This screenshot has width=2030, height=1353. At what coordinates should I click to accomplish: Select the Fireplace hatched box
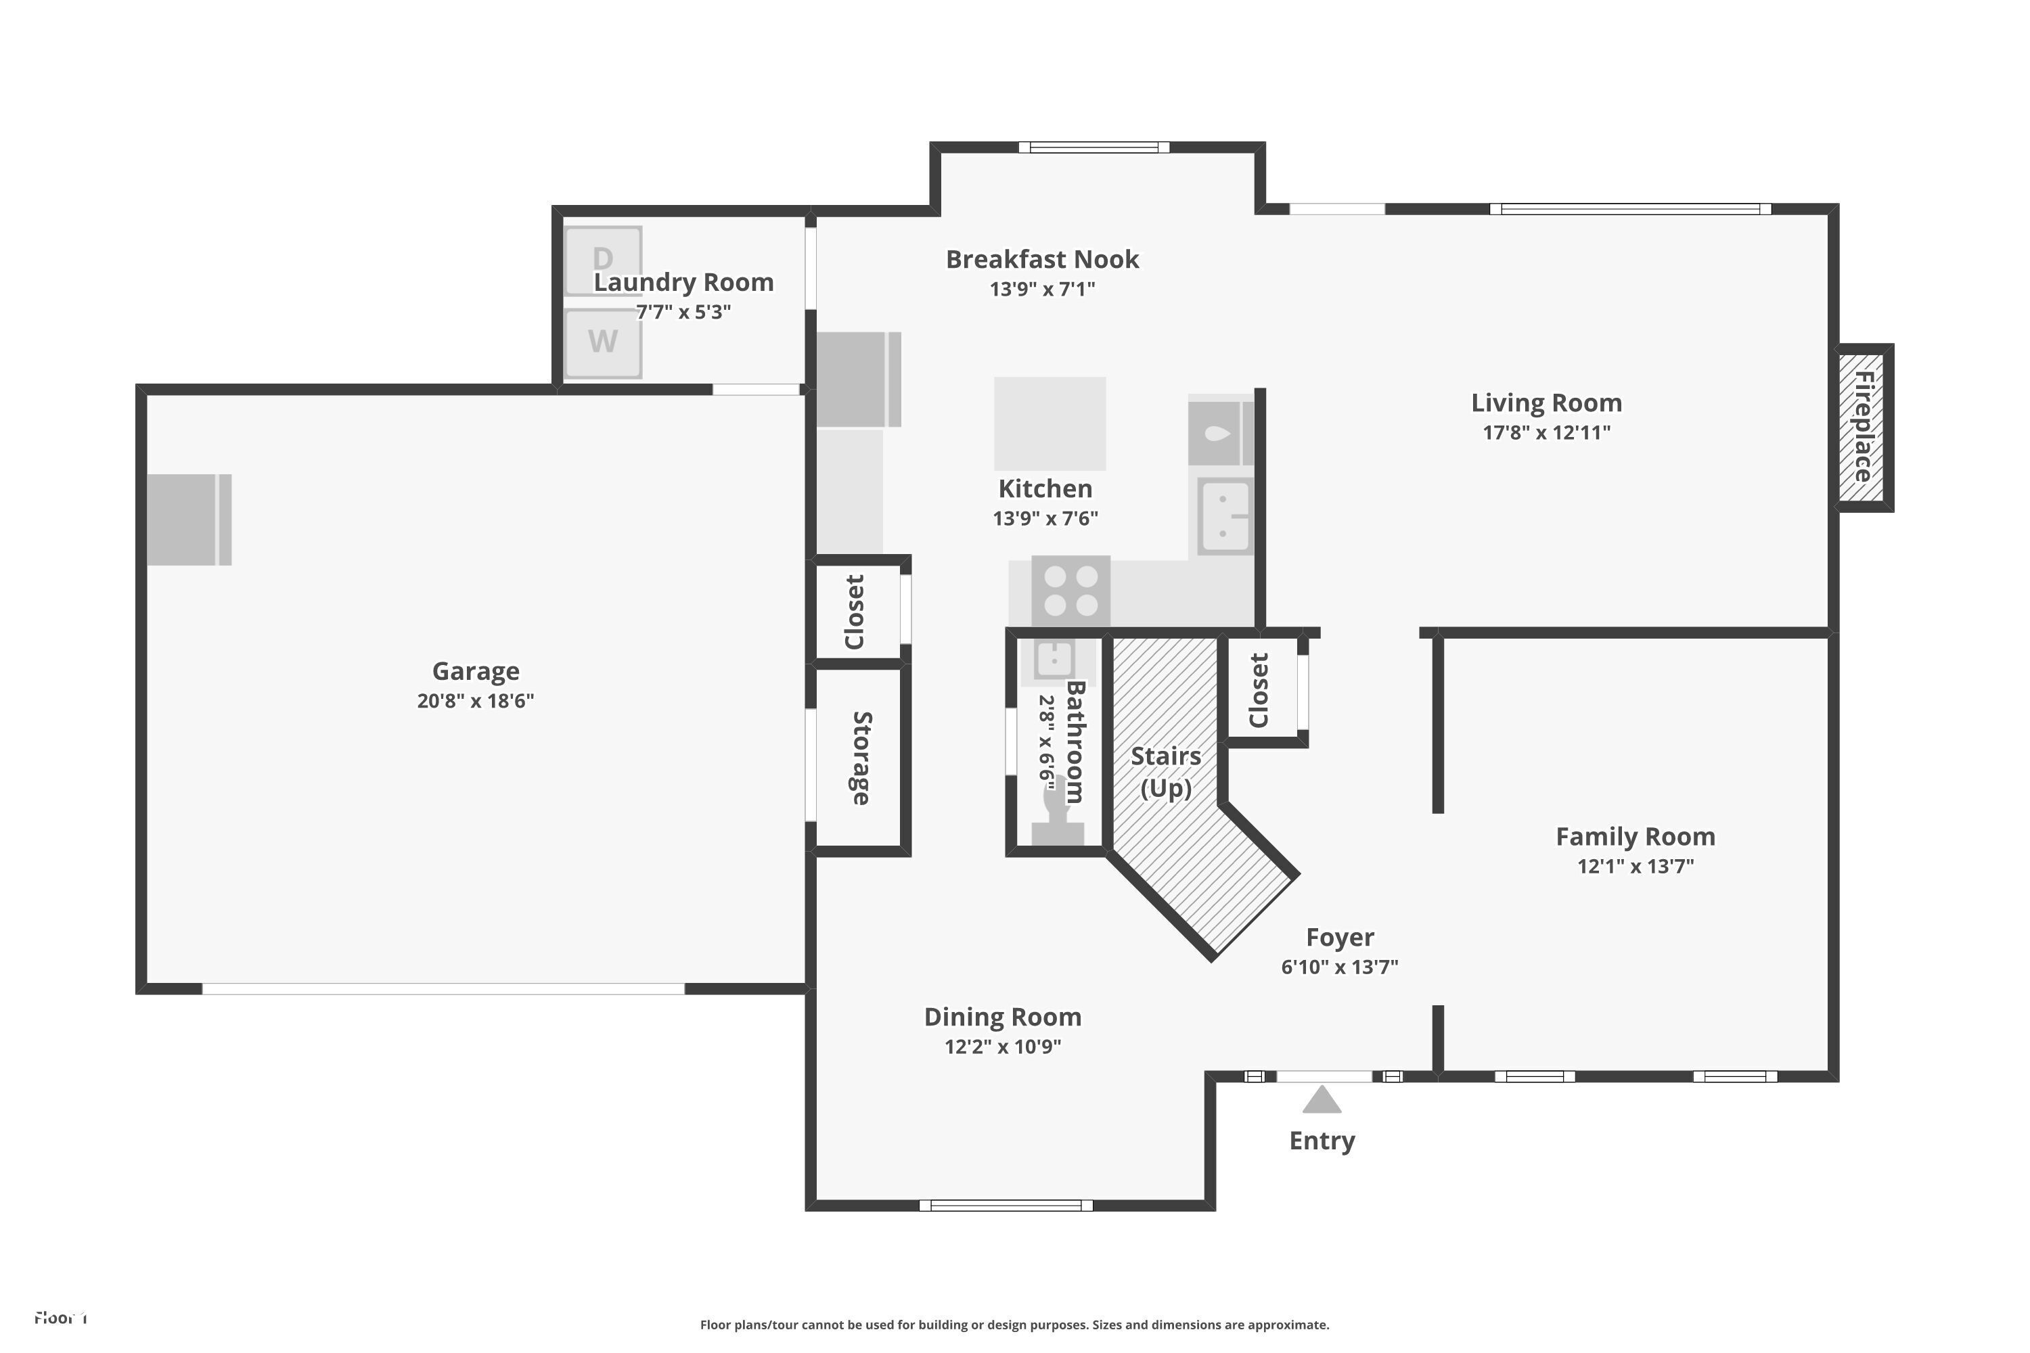(1861, 427)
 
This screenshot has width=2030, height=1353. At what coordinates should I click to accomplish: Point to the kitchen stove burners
(1070, 590)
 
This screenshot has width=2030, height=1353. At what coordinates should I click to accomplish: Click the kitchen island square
(1050, 423)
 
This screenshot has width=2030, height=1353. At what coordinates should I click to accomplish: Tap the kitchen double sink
(1224, 516)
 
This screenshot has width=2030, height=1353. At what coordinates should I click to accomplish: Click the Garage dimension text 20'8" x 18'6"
(475, 701)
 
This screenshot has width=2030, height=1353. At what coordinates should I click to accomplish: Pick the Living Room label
(1546, 403)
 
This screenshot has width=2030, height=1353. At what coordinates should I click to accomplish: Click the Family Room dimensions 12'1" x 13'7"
(1635, 867)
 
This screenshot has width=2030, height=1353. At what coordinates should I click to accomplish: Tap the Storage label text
(861, 758)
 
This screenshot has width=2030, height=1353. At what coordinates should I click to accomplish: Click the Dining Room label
(1002, 1017)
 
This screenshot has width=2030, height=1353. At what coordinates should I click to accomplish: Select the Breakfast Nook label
(1042, 260)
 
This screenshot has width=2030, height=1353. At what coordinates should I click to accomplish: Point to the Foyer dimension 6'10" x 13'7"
(1338, 967)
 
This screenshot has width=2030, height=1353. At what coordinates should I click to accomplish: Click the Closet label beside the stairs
(1259, 690)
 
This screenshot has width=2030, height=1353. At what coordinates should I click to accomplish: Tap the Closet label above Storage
(855, 612)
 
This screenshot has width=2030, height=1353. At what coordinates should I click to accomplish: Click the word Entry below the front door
(1322, 1141)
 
